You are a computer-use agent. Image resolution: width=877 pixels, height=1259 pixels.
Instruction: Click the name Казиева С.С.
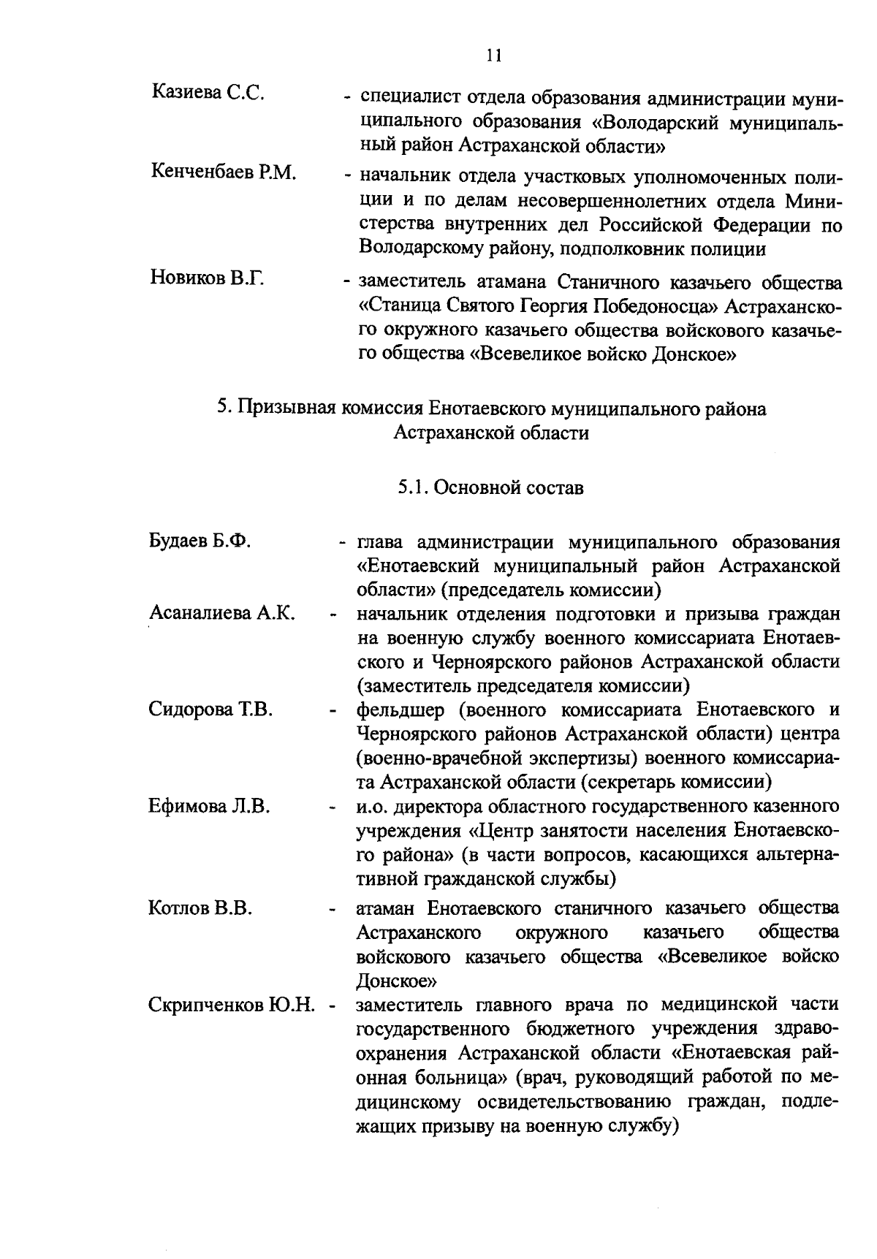pos(208,92)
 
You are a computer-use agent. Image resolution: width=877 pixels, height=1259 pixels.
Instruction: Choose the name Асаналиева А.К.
pos(221,612)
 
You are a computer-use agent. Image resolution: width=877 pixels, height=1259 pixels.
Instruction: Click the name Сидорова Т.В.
pos(210,708)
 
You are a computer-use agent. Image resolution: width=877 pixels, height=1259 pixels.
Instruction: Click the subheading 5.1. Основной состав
pos(491,487)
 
